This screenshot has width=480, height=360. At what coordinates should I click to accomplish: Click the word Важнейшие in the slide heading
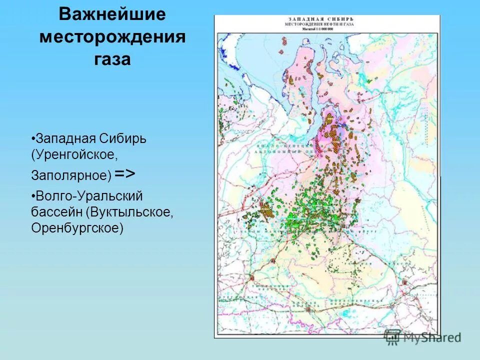tap(112, 15)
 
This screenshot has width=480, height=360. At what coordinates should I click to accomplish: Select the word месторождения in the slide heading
tap(112, 37)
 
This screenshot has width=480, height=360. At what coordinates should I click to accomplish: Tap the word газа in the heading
tap(112, 59)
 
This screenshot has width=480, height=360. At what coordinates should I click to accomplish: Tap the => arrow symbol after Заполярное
tap(124, 173)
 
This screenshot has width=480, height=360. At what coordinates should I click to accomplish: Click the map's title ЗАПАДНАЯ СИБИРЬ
tap(310, 18)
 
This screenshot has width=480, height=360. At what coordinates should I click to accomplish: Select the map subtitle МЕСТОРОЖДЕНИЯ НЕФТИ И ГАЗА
tap(310, 24)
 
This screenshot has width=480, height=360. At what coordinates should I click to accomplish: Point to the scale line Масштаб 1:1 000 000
tap(310, 29)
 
